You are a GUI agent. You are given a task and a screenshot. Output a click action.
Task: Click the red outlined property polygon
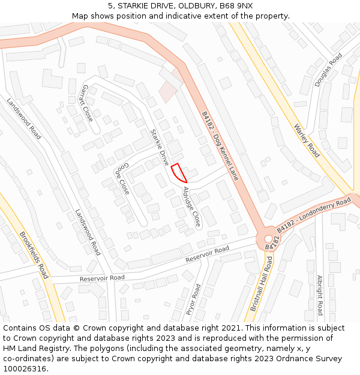click(x=179, y=173)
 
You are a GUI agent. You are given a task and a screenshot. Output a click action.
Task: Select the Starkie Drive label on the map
click(x=160, y=147)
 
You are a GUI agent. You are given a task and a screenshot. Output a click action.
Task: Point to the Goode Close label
click(x=122, y=178)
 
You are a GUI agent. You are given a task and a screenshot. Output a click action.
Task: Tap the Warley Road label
click(x=307, y=140)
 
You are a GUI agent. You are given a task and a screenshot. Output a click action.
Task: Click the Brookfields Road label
click(x=34, y=255)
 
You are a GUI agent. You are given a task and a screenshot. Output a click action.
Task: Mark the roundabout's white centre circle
click(x=268, y=239)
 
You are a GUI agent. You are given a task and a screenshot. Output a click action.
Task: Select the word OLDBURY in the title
click(x=180, y=6)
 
